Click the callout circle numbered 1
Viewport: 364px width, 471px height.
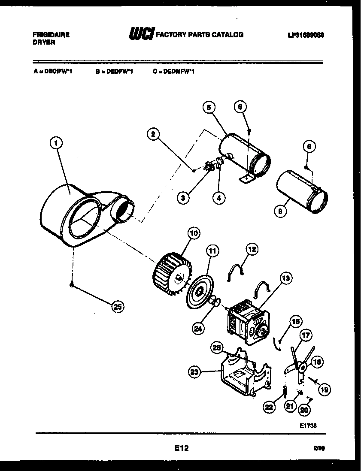click(x=56, y=143)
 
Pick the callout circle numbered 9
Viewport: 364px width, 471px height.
click(x=280, y=211)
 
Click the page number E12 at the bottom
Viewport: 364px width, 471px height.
click(x=181, y=448)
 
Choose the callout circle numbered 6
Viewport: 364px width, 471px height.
click(x=240, y=106)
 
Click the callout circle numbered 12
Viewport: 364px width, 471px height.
click(x=252, y=249)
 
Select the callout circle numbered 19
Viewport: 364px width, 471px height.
click(x=325, y=389)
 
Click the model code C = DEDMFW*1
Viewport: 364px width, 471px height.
click(x=173, y=72)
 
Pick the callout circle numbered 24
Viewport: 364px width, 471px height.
click(x=198, y=329)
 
